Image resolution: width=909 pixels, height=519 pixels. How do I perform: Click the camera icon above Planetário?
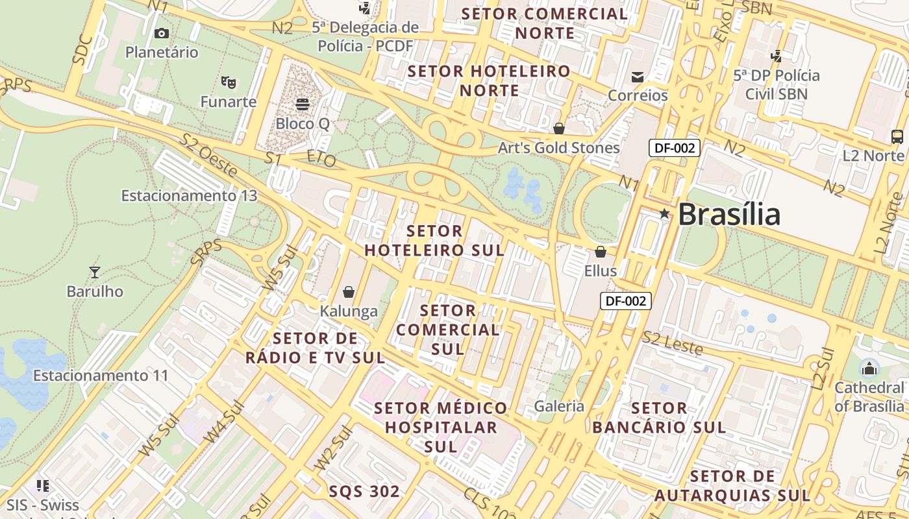[x=162, y=33]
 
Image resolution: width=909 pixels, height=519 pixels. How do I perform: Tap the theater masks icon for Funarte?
[x=228, y=82]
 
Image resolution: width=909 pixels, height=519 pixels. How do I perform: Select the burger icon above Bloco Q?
[x=302, y=104]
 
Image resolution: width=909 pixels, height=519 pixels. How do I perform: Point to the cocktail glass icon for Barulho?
[x=95, y=272]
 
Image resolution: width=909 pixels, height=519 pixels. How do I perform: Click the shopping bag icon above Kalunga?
[x=349, y=292]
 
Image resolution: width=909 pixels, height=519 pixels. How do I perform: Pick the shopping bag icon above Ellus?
[x=601, y=251]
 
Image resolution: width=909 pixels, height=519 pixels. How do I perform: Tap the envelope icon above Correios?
[x=637, y=77]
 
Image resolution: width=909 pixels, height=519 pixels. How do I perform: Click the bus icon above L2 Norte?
[x=897, y=136]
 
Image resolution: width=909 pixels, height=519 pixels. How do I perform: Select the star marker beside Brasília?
[x=664, y=213]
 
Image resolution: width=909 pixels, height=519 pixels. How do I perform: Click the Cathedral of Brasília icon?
[x=869, y=369]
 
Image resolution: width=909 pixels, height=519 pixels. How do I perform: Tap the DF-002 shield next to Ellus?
[x=625, y=301]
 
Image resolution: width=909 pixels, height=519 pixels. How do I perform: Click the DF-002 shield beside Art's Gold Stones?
[x=675, y=148]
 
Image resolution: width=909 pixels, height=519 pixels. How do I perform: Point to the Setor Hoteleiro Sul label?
[x=434, y=241]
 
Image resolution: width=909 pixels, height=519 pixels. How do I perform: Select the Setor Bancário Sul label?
[x=659, y=418]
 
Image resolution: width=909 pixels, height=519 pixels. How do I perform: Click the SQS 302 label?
[x=364, y=491]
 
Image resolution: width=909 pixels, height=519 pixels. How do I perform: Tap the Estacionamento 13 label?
[x=189, y=195]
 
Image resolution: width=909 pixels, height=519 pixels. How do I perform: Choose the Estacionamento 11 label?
[x=101, y=376]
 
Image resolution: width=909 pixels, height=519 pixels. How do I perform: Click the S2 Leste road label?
[x=673, y=343]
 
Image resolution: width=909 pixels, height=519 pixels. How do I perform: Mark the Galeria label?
[x=559, y=406]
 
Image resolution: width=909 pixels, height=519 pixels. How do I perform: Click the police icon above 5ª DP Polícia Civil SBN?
[x=776, y=56]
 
